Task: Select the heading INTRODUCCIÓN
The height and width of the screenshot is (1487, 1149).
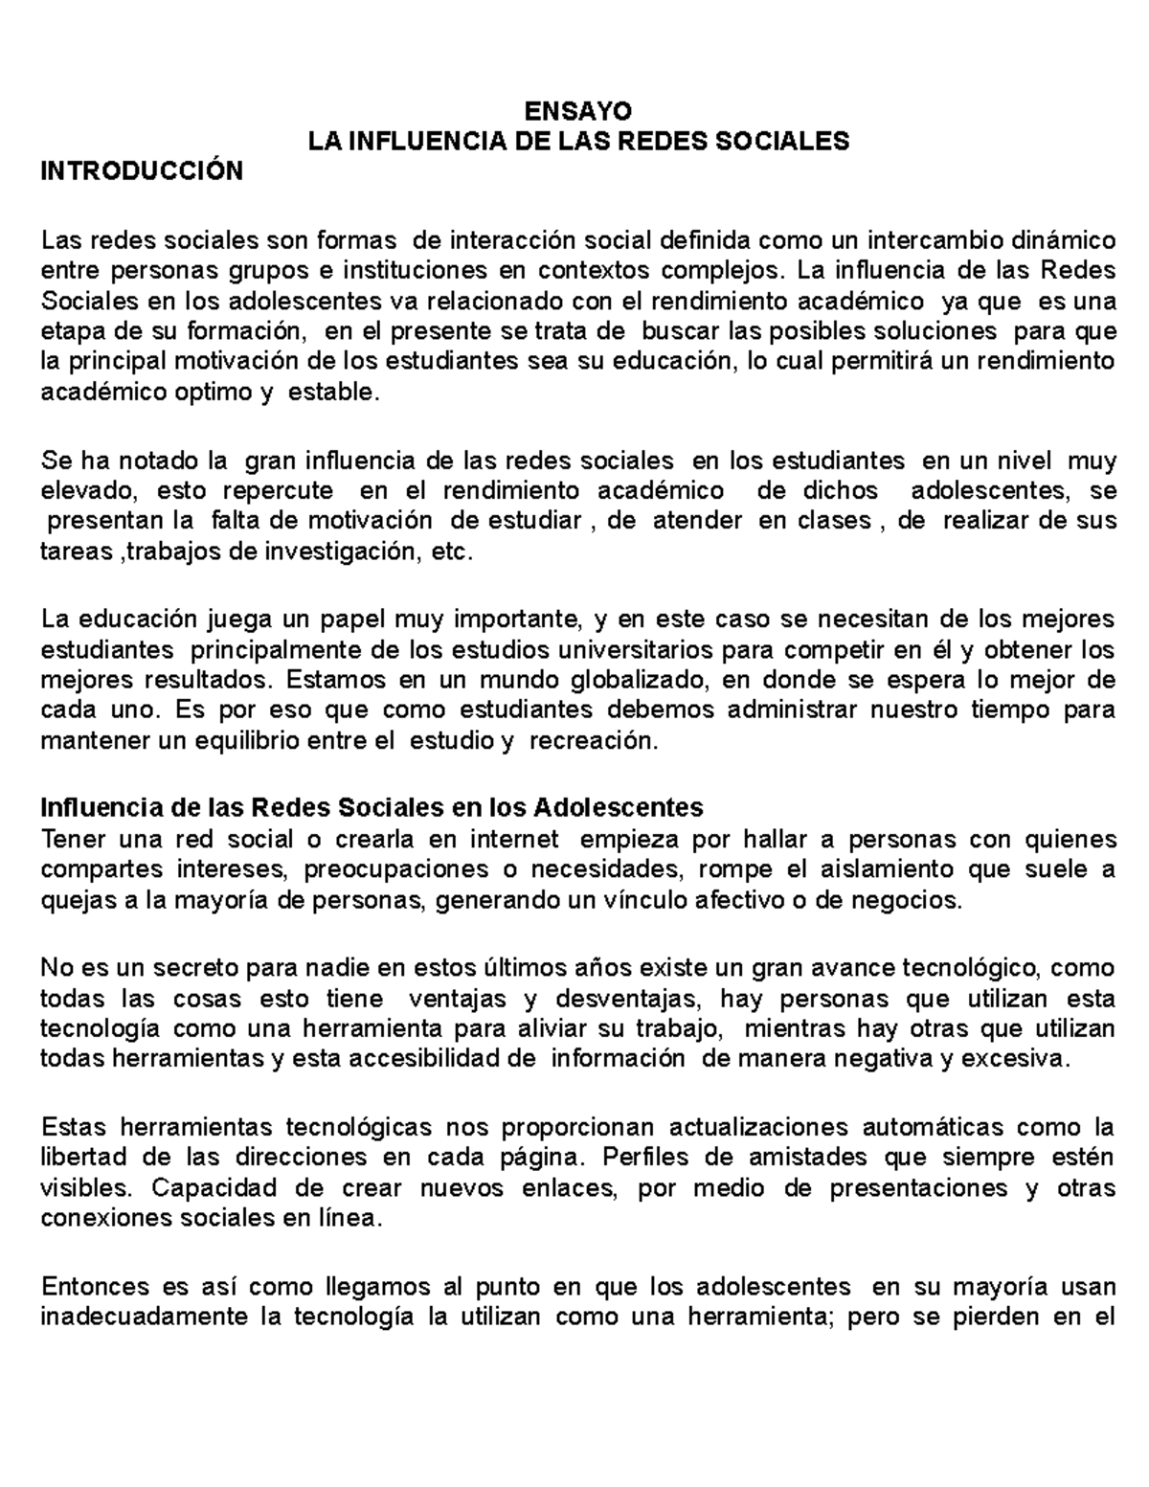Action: point(141,171)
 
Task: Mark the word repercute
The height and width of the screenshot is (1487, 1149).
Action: point(279,491)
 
